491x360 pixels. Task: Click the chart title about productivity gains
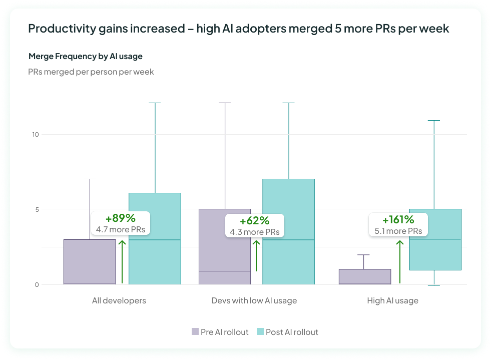[238, 29]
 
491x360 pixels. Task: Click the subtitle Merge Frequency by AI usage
[86, 56]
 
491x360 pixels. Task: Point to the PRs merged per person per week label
[91, 72]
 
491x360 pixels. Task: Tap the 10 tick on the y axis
[35, 134]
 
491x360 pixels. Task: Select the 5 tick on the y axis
[37, 209]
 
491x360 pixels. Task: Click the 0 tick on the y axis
[37, 284]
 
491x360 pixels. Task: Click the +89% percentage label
[120, 218]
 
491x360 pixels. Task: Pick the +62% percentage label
[254, 221]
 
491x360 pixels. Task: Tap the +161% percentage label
[398, 220]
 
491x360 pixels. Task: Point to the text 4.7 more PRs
[120, 229]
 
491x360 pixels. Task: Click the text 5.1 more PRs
[398, 231]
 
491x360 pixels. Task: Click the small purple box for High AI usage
[358, 276]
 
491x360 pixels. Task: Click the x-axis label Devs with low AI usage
[254, 300]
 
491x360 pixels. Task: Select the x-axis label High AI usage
[392, 300]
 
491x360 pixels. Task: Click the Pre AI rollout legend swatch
[195, 331]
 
